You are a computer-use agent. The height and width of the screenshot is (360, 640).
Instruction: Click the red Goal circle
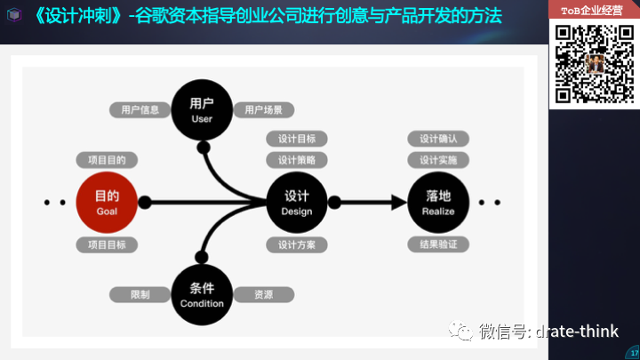[107, 202]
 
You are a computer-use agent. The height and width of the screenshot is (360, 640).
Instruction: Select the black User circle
[202, 110]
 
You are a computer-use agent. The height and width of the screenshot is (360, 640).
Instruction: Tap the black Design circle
[297, 202]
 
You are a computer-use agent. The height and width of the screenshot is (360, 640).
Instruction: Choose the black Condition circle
[202, 294]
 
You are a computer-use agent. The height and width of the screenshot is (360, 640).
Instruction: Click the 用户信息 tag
[140, 110]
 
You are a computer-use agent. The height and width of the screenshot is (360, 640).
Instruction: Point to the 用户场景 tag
[263, 110]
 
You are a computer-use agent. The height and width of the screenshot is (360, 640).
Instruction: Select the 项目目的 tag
[107, 160]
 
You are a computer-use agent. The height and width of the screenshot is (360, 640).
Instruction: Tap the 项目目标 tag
[107, 244]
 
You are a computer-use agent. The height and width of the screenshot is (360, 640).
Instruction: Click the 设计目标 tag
[297, 139]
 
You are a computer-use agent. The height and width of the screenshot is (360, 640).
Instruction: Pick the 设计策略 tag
[297, 160]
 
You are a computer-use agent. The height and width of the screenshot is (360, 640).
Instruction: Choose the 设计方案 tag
[297, 244]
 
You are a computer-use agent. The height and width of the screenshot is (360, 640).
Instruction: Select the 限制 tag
[140, 294]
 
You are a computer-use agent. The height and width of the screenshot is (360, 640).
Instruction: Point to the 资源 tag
[263, 294]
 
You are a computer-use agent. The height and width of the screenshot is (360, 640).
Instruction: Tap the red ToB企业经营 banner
[592, 11]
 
